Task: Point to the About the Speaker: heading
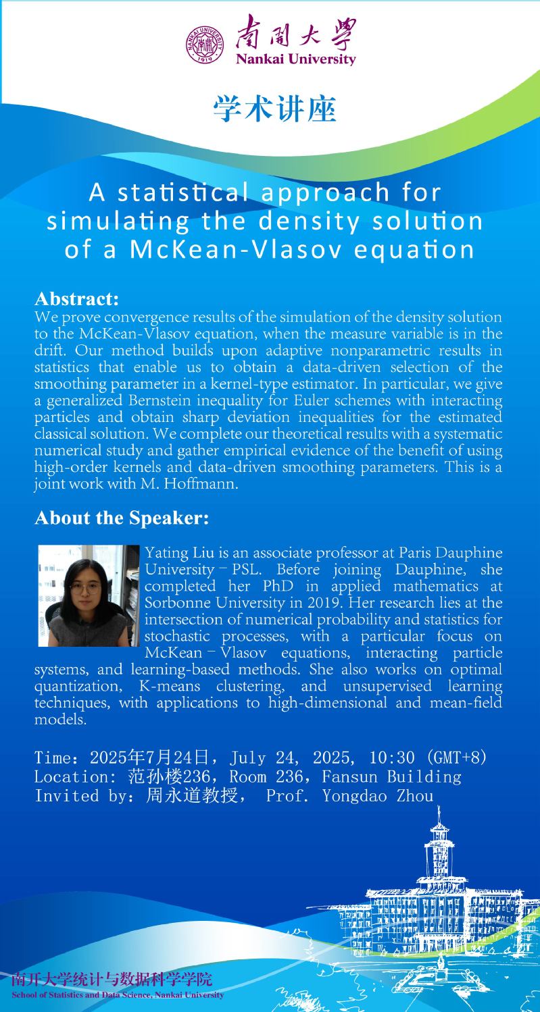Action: pyautogui.click(x=122, y=518)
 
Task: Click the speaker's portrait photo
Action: pyautogui.click(x=89, y=595)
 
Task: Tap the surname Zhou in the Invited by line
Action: pyautogui.click(x=414, y=796)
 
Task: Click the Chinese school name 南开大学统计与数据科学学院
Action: pyautogui.click(x=111, y=980)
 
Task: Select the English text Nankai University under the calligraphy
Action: pyautogui.click(x=295, y=59)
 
